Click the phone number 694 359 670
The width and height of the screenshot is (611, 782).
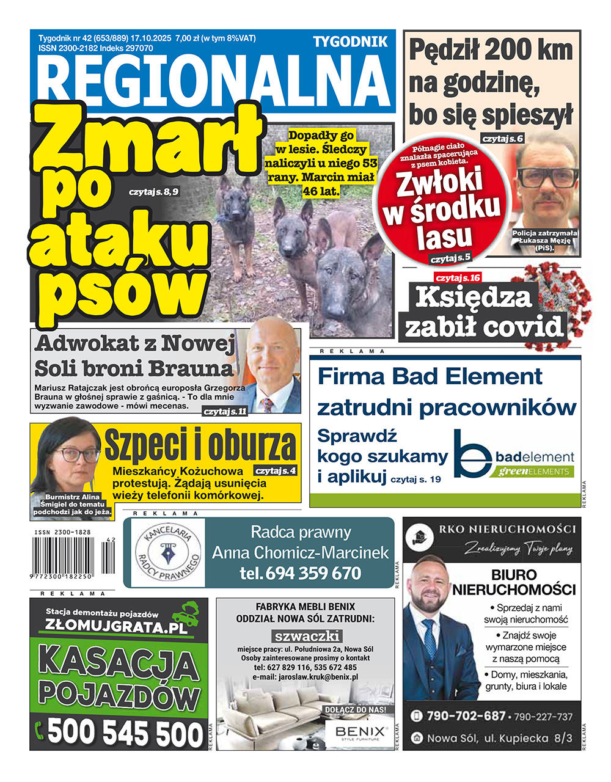301,574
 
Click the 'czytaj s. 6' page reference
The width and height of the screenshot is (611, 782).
502,139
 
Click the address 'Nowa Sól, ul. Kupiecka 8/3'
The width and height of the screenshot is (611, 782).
499,738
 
